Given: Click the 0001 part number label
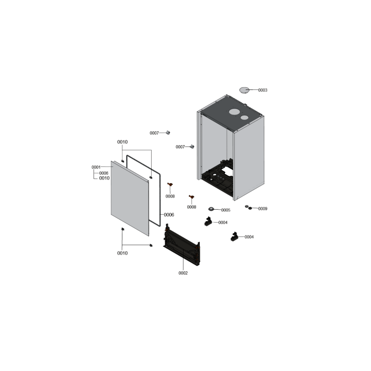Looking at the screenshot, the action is pyautogui.click(x=96, y=167).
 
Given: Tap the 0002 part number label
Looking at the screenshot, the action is pyautogui.click(x=183, y=273).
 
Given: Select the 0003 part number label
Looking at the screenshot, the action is pyautogui.click(x=262, y=90).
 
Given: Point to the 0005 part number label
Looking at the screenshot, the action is pyautogui.click(x=226, y=210).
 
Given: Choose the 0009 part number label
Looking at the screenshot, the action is pyautogui.click(x=262, y=209).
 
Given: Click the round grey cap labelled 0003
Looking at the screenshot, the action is pyautogui.click(x=244, y=90).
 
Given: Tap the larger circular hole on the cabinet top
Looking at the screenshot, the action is pyautogui.click(x=234, y=112).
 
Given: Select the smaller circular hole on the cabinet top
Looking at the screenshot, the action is pyautogui.click(x=244, y=117).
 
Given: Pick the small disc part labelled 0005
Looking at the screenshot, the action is pyautogui.click(x=211, y=209).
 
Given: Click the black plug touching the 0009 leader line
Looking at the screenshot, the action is pyautogui.click(x=250, y=208).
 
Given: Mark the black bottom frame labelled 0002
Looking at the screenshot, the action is pyautogui.click(x=182, y=244).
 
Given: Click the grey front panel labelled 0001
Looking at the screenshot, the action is pyautogui.click(x=130, y=198).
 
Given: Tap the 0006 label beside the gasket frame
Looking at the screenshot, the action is pyautogui.click(x=169, y=215).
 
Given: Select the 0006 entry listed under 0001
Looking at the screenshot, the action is pyautogui.click(x=103, y=173).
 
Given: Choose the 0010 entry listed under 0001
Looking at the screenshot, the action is pyautogui.click(x=104, y=178).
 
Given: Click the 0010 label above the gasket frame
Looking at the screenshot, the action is pyautogui.click(x=122, y=142).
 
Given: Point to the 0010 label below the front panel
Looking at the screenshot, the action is pyautogui.click(x=122, y=253).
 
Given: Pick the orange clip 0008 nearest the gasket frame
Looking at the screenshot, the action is pyautogui.click(x=170, y=185).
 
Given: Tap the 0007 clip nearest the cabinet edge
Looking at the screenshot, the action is pyautogui.click(x=192, y=147).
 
